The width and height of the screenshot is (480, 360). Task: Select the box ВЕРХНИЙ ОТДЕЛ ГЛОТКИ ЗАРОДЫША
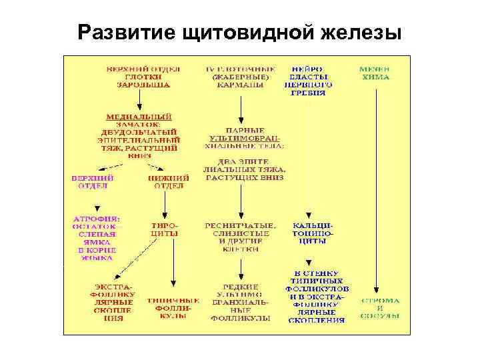(x=139, y=77)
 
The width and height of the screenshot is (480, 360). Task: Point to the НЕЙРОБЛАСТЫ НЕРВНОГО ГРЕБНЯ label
(x=309, y=81)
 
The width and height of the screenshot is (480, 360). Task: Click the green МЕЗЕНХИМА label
(x=375, y=73)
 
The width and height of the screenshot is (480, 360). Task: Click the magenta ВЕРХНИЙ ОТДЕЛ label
(x=93, y=182)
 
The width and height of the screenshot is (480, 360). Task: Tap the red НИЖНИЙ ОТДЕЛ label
(x=169, y=182)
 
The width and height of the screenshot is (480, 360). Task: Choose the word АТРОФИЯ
(x=97, y=218)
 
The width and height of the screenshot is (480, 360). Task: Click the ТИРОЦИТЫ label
(x=164, y=230)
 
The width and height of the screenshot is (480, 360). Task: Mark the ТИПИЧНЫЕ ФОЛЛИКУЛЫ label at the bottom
(x=173, y=309)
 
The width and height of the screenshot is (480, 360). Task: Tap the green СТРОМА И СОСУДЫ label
(x=381, y=309)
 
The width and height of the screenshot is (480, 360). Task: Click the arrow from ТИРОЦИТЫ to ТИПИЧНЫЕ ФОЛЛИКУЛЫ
(x=173, y=267)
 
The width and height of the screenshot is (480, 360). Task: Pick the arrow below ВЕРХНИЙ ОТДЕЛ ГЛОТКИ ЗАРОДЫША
(x=139, y=100)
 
